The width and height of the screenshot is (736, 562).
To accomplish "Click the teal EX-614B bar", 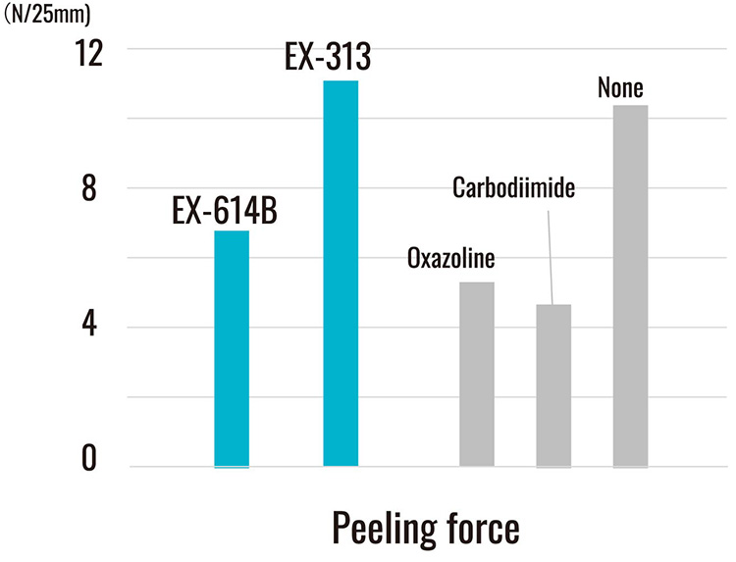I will [x=232, y=348].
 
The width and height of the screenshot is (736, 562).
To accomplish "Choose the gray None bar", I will [x=630, y=285].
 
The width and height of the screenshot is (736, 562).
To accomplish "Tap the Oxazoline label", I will [x=450, y=260].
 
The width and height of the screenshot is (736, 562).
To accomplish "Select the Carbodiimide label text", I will [x=512, y=187].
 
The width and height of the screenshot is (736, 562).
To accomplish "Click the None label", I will [x=620, y=88].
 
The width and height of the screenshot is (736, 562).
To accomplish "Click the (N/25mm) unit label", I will [x=43, y=14].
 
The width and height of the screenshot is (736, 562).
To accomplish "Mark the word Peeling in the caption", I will [x=381, y=528].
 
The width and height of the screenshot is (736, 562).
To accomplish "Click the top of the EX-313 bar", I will [x=341, y=81].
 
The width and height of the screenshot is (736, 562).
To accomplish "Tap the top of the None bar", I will [x=630, y=106].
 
